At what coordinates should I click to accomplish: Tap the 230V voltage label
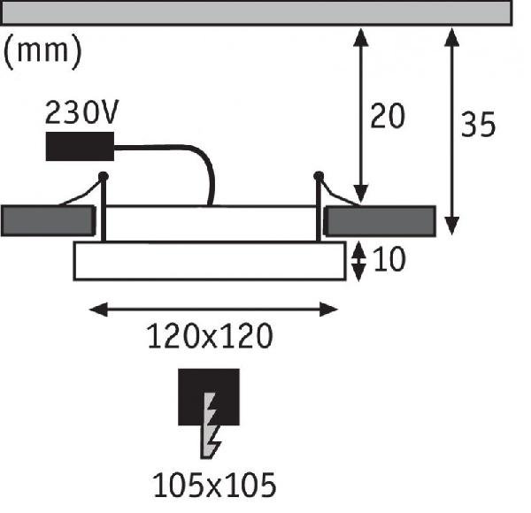(x=82, y=114)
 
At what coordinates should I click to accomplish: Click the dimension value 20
(x=387, y=117)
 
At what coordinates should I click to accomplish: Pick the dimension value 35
(x=479, y=126)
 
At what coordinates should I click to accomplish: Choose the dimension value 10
(x=389, y=261)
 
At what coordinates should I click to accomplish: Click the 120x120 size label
(x=209, y=337)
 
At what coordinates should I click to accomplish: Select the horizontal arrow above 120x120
(x=216, y=309)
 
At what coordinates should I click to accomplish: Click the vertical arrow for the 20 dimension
(x=360, y=115)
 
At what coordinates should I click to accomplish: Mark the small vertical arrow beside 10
(x=358, y=261)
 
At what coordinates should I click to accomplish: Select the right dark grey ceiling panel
(x=381, y=220)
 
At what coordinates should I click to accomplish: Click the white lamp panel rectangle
(x=209, y=261)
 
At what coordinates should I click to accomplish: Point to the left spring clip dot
(x=104, y=176)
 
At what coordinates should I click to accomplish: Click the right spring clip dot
(x=319, y=175)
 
